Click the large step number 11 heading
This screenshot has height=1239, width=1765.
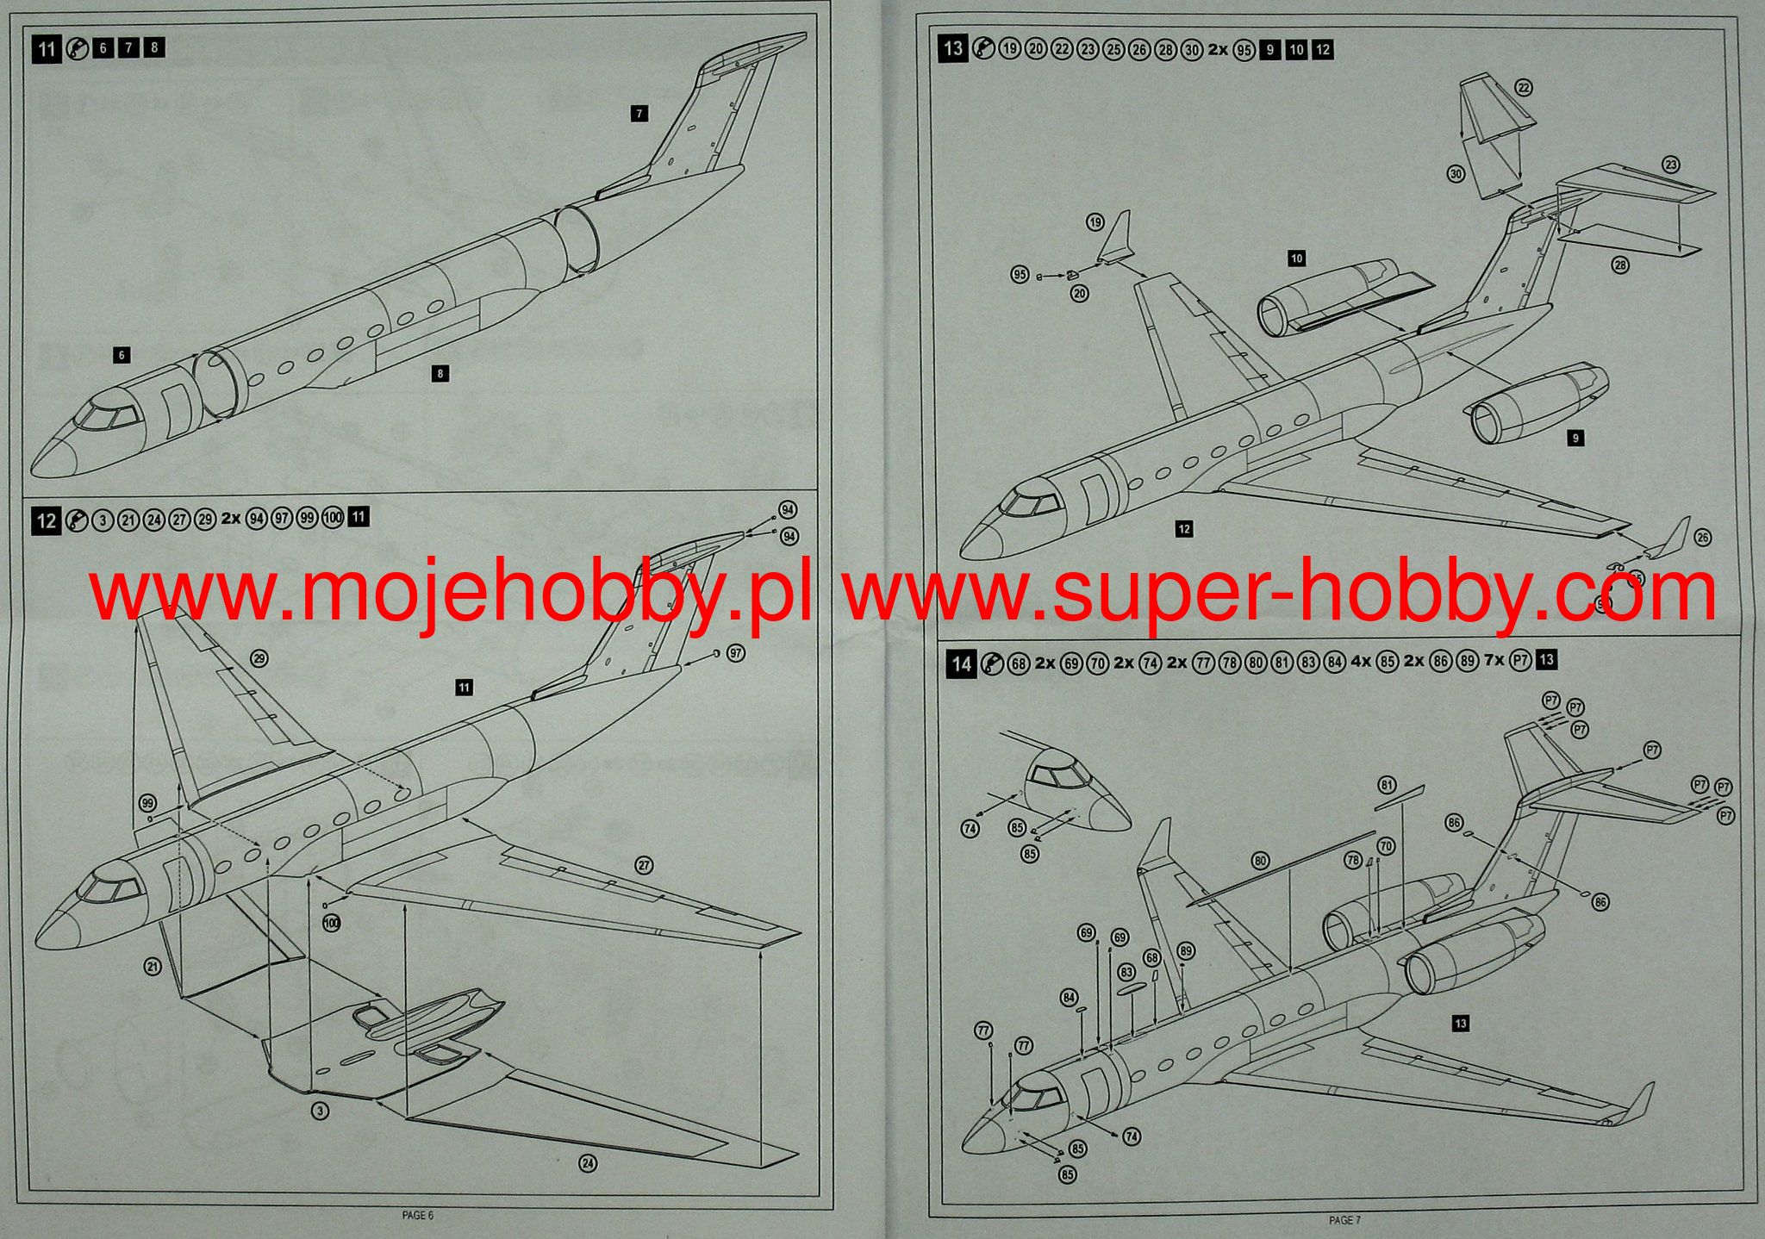point(47,48)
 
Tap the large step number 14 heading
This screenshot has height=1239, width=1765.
point(962,663)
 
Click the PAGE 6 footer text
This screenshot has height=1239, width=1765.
point(417,1215)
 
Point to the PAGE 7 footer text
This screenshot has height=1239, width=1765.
point(1344,1220)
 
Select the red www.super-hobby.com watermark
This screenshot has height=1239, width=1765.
point(1280,590)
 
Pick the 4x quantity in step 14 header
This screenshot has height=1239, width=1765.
point(1361,662)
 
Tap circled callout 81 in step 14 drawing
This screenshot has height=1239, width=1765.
point(1387,786)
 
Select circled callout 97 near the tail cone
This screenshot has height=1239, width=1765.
point(735,654)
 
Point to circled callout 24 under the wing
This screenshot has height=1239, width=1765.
point(588,1163)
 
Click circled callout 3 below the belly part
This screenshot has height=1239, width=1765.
point(319,1111)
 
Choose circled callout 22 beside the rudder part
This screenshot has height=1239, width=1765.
point(1524,88)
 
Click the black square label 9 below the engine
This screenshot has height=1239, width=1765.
point(1575,439)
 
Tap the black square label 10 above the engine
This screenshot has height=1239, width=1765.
point(1296,258)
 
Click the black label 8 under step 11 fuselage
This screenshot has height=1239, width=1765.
point(440,374)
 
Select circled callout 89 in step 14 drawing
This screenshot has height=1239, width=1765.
point(1187,951)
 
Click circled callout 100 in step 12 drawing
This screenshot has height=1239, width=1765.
point(331,923)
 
